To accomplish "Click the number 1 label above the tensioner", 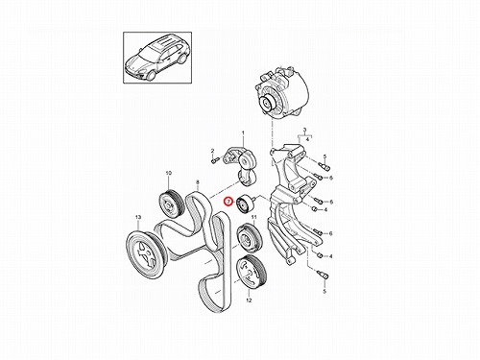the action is tap(243, 132).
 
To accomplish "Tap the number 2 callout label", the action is tap(212, 151).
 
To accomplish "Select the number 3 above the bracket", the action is tap(305, 130).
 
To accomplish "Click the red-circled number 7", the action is tap(228, 202).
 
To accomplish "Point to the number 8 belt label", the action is tap(198, 182).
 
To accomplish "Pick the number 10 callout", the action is tap(169, 173).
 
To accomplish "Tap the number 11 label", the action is tap(254, 217).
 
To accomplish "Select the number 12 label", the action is tap(249, 300).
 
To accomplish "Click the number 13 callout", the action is tap(138, 217).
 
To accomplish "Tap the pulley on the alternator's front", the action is tap(268, 104).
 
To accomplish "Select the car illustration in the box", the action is tap(157, 58).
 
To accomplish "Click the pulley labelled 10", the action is tap(172, 204).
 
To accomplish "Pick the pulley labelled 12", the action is tap(251, 271).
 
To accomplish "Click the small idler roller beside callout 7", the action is tap(246, 204).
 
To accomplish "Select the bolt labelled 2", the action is tap(215, 160).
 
